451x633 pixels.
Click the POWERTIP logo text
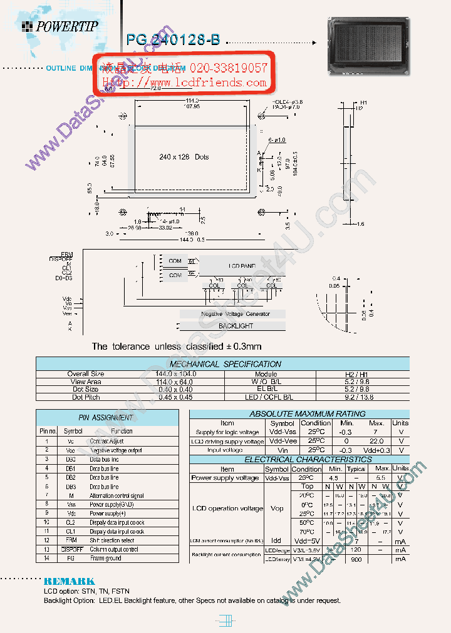click(66, 26)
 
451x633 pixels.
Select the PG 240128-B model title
click(173, 40)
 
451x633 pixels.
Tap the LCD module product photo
click(368, 46)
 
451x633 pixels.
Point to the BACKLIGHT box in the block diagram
click(236, 326)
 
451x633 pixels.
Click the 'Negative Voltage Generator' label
click(236, 314)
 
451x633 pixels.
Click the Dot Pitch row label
click(86, 397)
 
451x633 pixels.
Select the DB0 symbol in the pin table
click(71, 459)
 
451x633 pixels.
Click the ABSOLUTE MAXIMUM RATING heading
click(298, 414)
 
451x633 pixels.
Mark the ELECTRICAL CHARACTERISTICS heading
click(299, 459)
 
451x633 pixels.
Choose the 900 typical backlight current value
click(356, 559)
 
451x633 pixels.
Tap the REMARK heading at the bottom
click(69, 581)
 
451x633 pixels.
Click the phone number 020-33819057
click(224, 68)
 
